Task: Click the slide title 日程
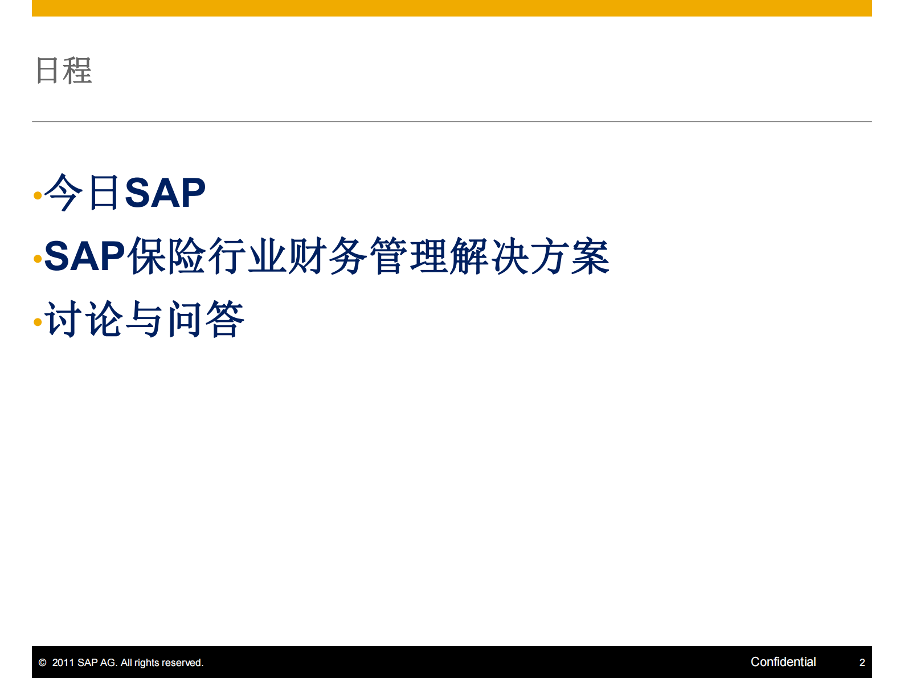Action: point(63,71)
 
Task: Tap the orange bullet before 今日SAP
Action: point(38,195)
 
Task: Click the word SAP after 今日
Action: point(165,193)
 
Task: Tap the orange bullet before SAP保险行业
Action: point(38,259)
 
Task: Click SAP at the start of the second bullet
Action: point(84,256)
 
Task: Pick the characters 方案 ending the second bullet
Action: point(570,256)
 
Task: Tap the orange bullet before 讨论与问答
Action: point(38,322)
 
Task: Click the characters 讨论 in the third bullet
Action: point(84,319)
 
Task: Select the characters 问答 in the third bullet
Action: point(206,319)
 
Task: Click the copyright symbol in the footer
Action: point(42,663)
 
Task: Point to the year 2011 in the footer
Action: point(63,663)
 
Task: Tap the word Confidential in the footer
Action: point(783,661)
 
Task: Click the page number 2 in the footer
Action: point(862,663)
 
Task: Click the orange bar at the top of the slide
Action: point(452,8)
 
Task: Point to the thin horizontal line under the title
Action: point(452,121)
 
